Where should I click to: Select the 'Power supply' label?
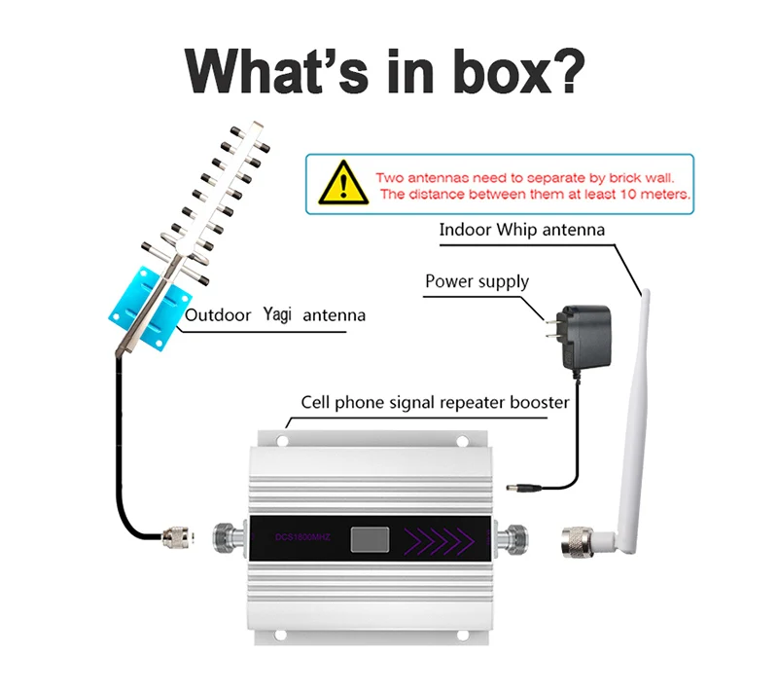point(477,282)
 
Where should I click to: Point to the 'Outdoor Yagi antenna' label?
point(275,315)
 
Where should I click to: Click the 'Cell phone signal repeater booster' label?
point(435,401)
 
